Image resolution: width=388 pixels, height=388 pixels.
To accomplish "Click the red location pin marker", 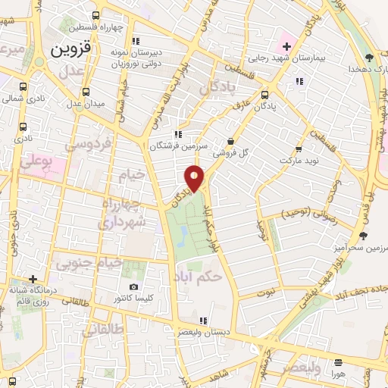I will point(195,178).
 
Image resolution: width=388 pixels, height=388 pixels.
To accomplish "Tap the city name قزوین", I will point(71,49).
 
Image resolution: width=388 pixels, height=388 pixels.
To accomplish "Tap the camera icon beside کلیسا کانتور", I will point(134,287).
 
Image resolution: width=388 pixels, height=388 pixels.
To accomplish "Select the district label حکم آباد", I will point(198,276).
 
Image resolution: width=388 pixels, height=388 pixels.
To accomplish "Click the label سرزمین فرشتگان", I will point(173,146).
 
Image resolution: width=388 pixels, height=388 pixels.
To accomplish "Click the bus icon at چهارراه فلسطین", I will point(95,15).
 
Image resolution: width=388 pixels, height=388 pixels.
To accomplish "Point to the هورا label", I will point(337,374).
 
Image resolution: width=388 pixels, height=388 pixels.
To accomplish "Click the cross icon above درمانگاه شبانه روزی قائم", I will point(33,279).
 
